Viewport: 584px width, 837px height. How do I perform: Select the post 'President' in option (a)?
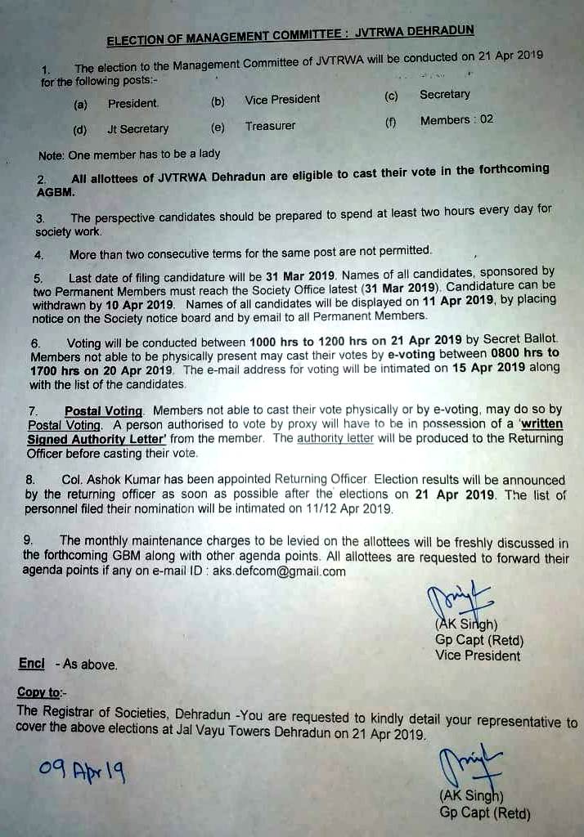pos(133,104)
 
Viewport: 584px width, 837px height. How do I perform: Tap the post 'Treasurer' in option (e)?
pos(270,126)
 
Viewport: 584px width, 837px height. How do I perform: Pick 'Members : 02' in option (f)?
pos(456,120)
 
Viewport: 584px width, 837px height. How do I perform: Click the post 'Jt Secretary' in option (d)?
pos(137,128)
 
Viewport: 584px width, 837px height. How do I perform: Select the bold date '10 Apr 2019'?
pos(130,304)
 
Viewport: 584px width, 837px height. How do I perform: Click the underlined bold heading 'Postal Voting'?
pos(104,410)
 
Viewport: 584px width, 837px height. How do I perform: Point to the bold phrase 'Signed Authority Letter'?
pos(97,439)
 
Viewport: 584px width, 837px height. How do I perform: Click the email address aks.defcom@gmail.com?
pos(279,571)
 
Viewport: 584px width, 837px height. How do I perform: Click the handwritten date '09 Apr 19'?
pos(81,771)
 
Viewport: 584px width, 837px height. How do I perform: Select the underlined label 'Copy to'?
pos(38,692)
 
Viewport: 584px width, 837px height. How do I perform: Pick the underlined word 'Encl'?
pos(32,664)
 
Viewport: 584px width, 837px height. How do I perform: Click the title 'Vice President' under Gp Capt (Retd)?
pos(478,656)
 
